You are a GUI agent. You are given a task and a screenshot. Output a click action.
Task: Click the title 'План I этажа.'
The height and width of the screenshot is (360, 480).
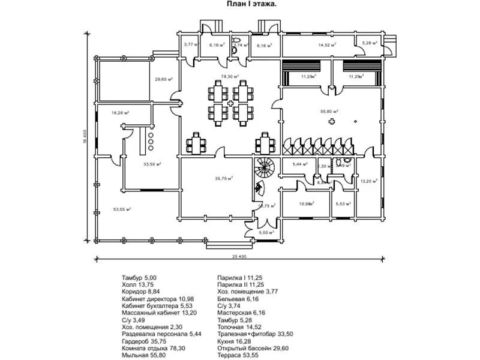pos(251,4)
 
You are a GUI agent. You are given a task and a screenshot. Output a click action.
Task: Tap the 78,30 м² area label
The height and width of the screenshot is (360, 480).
pos(230,77)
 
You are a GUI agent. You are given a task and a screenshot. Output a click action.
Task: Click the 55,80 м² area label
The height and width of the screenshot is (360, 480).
pos(329,111)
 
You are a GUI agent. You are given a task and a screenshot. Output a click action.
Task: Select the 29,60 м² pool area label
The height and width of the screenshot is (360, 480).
pos(164,79)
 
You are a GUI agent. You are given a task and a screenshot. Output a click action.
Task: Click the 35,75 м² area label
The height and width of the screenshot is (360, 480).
pos(224,178)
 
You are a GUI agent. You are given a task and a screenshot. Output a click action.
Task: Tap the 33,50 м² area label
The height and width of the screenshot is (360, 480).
pos(151,163)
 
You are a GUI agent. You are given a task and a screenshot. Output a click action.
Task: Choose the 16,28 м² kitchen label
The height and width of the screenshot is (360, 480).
pos(121,112)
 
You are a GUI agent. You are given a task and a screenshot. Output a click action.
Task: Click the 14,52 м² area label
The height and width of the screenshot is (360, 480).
pos(327,44)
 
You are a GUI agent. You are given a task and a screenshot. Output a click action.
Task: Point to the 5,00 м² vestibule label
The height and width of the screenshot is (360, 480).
pos(266,232)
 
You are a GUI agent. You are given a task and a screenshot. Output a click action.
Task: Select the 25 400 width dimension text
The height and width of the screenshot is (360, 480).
pos(239,256)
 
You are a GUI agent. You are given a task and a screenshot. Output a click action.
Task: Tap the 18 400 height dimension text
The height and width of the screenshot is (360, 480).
pos(86,137)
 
